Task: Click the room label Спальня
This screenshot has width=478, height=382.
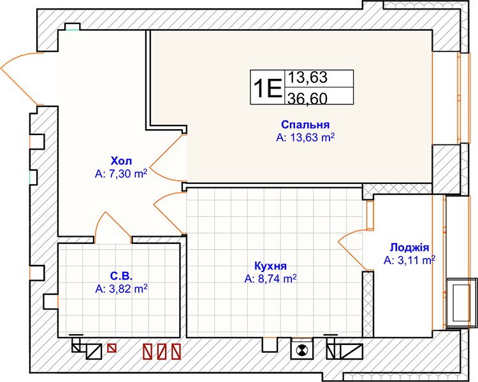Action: point(305,125)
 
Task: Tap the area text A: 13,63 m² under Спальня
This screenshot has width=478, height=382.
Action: point(305,138)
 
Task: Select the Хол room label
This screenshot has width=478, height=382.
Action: point(121,161)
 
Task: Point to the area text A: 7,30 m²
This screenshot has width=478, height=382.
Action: point(121,174)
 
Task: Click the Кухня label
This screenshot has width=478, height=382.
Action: point(270,266)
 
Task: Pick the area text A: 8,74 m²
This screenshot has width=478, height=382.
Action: point(270,279)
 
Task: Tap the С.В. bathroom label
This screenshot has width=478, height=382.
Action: point(121,276)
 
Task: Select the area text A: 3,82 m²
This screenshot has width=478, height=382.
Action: point(121,289)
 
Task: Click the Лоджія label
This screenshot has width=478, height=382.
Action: point(409,248)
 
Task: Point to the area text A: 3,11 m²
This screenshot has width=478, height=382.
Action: point(409,260)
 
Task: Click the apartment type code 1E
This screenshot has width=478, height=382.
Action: point(267,88)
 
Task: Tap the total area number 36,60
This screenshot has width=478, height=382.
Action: point(308,98)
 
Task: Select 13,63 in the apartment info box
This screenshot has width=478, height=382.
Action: point(308,78)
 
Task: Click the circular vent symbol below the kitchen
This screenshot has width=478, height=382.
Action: point(302,350)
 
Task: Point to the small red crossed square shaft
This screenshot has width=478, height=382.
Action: point(112,348)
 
